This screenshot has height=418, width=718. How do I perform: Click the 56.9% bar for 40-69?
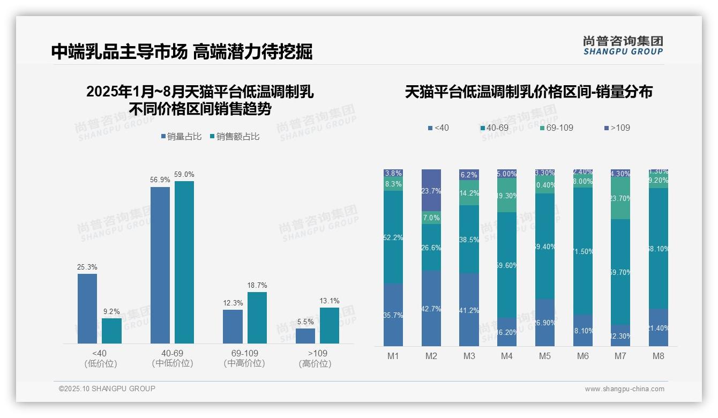[160, 265]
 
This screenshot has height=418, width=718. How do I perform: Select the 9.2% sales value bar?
[111, 331]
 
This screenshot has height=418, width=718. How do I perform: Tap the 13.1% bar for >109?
[329, 325]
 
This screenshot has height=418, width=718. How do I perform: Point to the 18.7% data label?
[257, 285]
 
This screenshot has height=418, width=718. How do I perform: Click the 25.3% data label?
[87, 267]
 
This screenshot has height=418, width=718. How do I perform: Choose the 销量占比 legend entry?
[181, 137]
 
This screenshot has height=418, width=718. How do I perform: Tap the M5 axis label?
[545, 356]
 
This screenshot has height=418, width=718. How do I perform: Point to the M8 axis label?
[659, 356]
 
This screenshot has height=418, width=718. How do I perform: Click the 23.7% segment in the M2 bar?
[431, 190]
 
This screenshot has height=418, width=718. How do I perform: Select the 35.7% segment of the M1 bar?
[393, 315]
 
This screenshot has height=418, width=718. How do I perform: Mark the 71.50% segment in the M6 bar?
[583, 251]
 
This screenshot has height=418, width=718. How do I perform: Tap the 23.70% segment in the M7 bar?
[620, 199]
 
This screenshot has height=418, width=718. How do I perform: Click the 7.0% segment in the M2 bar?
[431, 218]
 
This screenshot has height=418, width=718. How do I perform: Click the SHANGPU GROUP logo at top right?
[623, 45]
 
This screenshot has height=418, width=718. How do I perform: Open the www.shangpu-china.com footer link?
[624, 389]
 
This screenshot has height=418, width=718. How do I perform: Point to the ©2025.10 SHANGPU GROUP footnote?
[107, 389]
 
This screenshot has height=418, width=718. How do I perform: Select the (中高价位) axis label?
[244, 363]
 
